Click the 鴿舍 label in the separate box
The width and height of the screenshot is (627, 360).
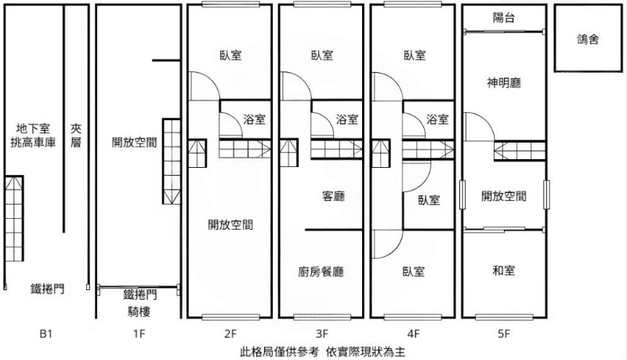588,39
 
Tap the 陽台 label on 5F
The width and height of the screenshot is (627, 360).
503,17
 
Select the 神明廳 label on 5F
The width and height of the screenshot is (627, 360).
504,83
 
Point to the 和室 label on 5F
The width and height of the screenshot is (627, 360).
504,271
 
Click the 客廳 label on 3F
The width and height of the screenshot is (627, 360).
333,196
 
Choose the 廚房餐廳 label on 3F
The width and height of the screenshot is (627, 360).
321,272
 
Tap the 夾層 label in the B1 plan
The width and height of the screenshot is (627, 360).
76,135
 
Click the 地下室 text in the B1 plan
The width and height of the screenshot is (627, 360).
33,129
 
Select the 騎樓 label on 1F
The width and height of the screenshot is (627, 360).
139,311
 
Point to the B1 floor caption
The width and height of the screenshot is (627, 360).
45,333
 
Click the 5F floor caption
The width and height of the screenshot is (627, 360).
504,333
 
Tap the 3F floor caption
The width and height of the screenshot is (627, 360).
321,333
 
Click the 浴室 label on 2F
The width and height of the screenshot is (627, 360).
254,119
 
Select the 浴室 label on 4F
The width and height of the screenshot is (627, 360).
437,119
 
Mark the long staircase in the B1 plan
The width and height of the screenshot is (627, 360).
14,218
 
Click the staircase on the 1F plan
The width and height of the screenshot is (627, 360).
171,162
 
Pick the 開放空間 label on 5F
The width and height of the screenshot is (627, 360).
504,196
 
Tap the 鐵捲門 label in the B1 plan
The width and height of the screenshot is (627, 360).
48,289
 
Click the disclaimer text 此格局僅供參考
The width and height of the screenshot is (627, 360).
279,352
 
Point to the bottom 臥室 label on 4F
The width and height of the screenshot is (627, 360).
414,272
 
